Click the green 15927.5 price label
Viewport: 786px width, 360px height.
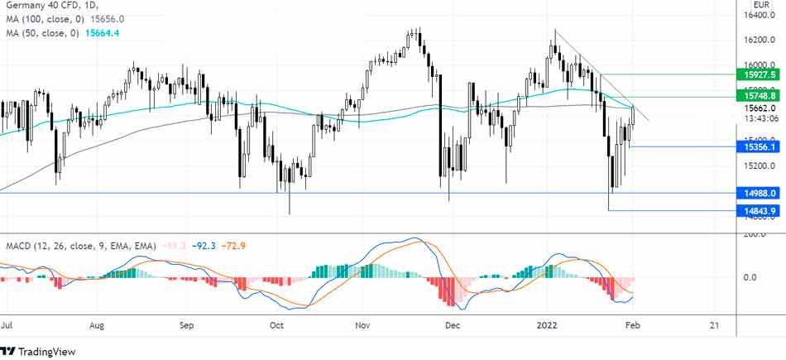pyautogui.click(x=758, y=74)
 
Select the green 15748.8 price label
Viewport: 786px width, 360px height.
pyautogui.click(x=758, y=97)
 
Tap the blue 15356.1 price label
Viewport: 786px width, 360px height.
pyautogui.click(x=758, y=146)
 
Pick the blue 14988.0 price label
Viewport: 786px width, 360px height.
pyautogui.click(x=758, y=193)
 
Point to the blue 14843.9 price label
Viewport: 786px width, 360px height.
pyautogui.click(x=758, y=211)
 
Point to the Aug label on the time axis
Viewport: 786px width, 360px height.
pyautogui.click(x=98, y=326)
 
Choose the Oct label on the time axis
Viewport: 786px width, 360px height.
pyautogui.click(x=276, y=326)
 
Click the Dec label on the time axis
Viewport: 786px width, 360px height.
pyautogui.click(x=453, y=326)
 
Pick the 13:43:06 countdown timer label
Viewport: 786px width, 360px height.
pyautogui.click(x=758, y=118)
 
